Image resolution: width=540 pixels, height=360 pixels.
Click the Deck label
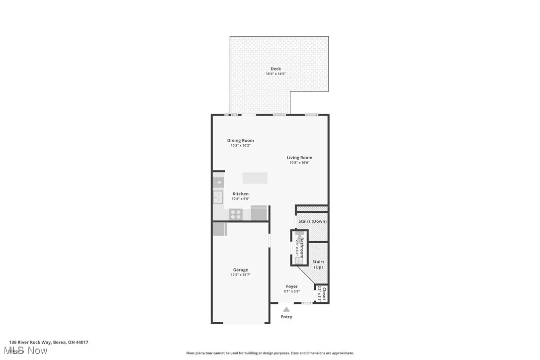click(275, 69)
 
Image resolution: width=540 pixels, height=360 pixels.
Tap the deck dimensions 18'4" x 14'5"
click(275, 74)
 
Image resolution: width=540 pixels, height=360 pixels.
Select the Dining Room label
click(240, 141)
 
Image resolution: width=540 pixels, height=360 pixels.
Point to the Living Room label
click(299, 158)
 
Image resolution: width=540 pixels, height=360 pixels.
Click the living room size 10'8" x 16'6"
click(299, 163)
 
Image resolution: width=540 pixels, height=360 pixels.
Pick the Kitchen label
click(240, 194)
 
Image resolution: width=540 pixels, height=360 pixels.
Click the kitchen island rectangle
click(255, 178)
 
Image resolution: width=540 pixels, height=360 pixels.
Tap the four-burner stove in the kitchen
click(235, 214)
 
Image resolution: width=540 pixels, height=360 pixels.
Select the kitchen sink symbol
click(218, 197)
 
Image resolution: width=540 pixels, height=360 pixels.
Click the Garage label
click(240, 270)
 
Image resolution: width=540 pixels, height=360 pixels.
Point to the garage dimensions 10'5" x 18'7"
click(240, 275)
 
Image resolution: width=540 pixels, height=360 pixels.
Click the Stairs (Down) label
click(312, 221)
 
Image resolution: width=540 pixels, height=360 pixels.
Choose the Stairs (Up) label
click(318, 265)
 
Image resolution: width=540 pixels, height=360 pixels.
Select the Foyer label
click(292, 286)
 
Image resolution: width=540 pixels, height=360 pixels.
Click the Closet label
click(324, 294)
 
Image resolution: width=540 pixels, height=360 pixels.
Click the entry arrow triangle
click(286, 309)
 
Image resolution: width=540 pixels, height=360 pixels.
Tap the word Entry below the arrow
click(286, 317)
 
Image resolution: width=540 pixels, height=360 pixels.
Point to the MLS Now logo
click(28, 351)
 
